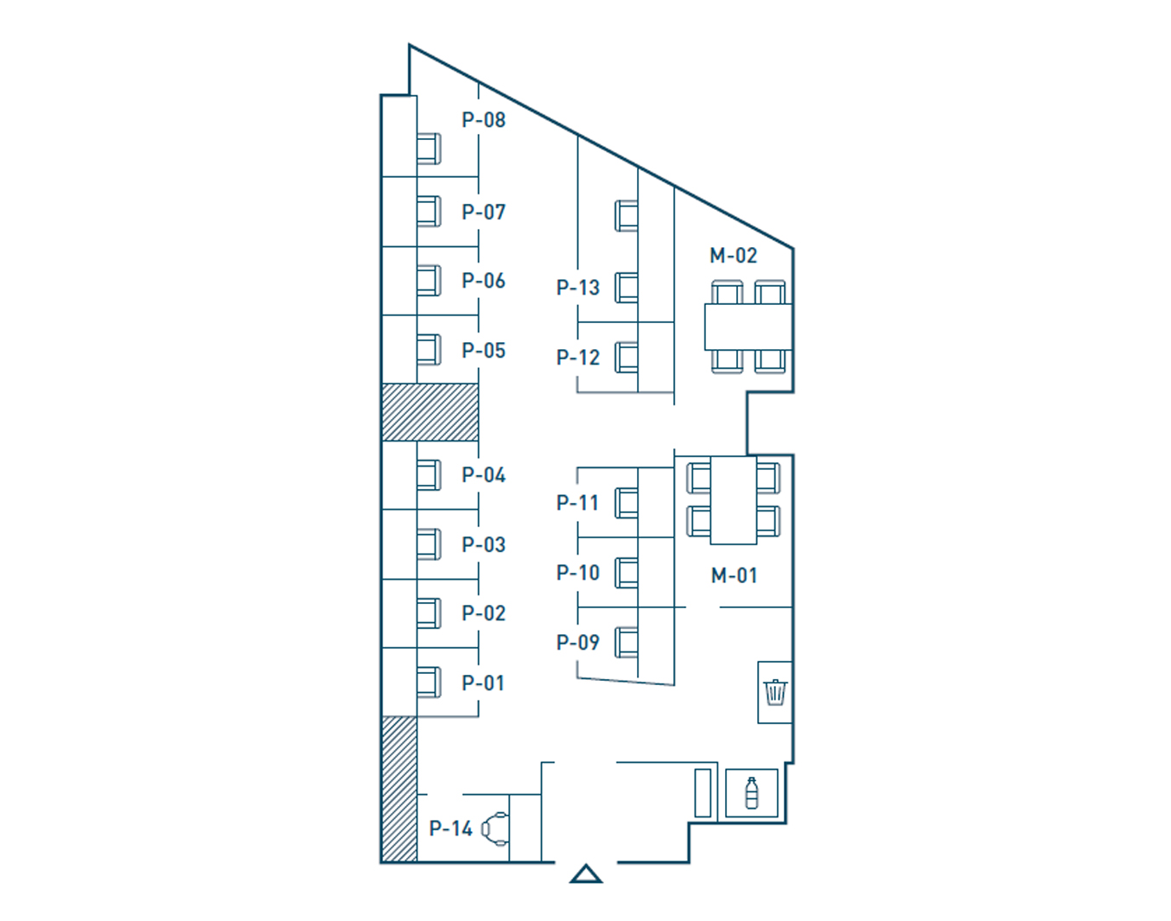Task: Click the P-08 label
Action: click(x=484, y=120)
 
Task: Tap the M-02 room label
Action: click(x=733, y=255)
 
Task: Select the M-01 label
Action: click(x=734, y=575)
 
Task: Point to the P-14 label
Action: click(x=450, y=828)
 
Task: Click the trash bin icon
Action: click(x=775, y=692)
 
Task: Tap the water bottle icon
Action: click(x=752, y=792)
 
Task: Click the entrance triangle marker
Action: click(x=586, y=874)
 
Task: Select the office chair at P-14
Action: click(x=495, y=829)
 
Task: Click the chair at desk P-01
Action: click(x=429, y=683)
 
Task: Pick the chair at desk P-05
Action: click(x=429, y=349)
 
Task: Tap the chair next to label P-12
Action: click(x=627, y=358)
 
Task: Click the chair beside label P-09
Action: click(x=627, y=643)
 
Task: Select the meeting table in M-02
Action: click(x=748, y=327)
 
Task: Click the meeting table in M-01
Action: click(x=733, y=500)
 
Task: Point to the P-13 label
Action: click(x=578, y=287)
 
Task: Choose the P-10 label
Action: click(x=578, y=572)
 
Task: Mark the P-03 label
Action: click(x=484, y=544)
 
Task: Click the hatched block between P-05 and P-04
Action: click(x=430, y=412)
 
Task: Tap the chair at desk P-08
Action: click(x=429, y=149)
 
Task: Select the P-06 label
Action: click(x=484, y=280)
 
